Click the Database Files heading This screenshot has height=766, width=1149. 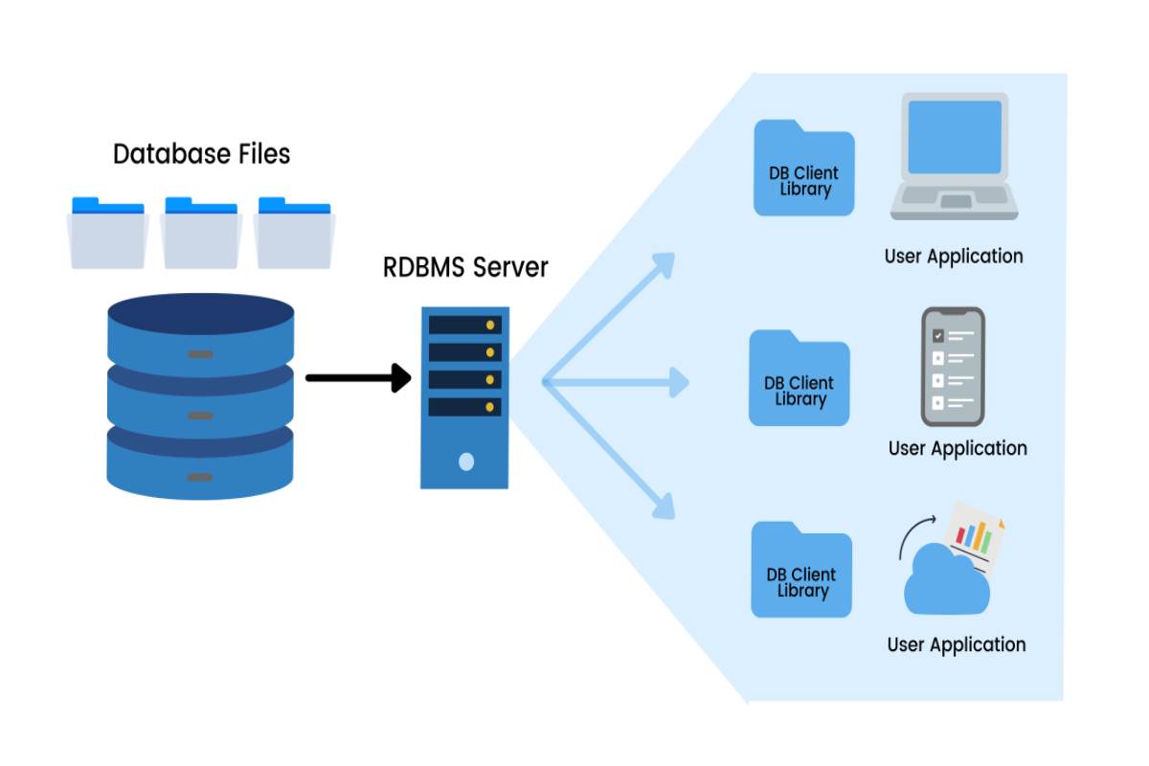(201, 153)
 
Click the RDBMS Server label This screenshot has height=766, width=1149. (465, 266)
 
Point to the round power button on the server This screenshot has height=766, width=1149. (466, 462)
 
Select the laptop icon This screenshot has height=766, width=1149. (954, 157)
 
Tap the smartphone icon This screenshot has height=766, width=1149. (953, 366)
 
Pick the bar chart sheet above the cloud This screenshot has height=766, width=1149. (975, 536)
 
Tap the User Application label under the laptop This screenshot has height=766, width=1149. (954, 257)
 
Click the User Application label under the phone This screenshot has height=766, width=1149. (957, 448)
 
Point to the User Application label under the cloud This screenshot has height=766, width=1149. (957, 644)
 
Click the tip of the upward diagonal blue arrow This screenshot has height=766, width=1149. (669, 258)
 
